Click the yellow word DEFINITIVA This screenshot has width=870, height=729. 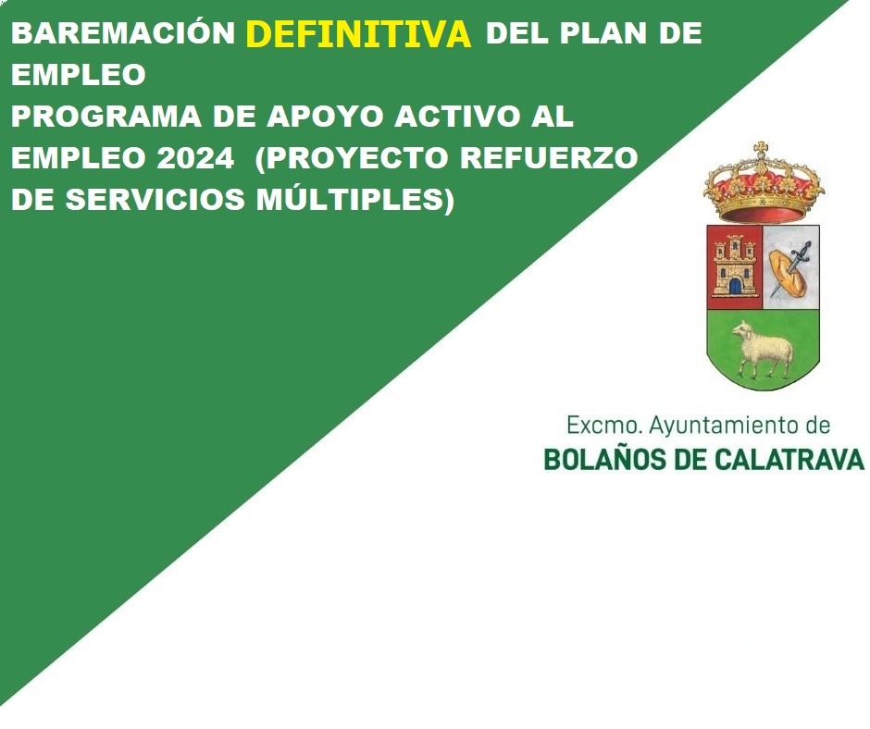coord(358,34)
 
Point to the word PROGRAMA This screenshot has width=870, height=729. coord(106,117)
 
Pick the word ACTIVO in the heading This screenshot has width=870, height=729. coord(458,117)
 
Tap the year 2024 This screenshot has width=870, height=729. coord(195,158)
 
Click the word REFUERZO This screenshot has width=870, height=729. coord(549,158)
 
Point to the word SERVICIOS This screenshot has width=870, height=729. coord(155,200)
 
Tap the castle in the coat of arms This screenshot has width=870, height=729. coord(735,266)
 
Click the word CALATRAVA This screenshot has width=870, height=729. coord(789,460)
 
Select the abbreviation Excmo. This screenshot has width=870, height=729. coord(603,426)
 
